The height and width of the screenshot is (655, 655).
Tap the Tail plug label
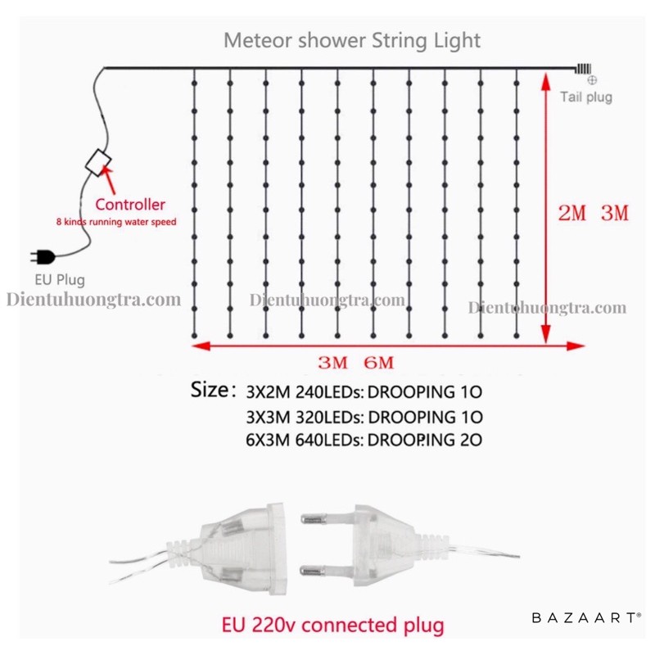[x=585, y=97]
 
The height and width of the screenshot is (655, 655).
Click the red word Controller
[x=130, y=204]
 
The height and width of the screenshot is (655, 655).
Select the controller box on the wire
[x=99, y=161]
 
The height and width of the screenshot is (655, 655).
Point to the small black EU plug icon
[x=42, y=256]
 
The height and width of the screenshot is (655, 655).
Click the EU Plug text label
[x=59, y=280]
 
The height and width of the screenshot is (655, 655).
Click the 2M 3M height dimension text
[x=592, y=215]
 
